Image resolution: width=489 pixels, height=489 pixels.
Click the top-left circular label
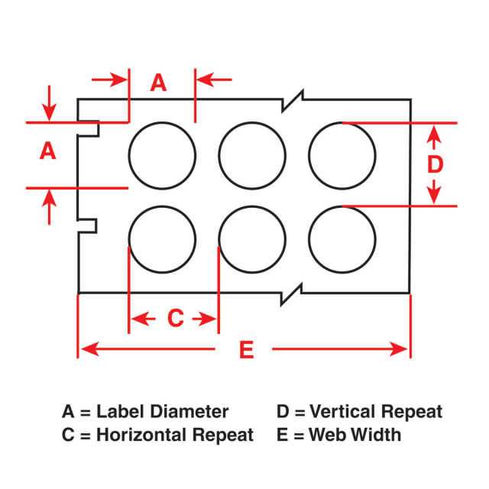pos(162,155)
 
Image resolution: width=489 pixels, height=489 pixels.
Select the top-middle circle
pos(252,155)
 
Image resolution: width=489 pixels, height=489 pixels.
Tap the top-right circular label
pos(342,155)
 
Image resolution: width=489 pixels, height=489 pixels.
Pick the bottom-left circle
pos(162,238)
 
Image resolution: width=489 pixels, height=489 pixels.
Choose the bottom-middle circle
pos(252,238)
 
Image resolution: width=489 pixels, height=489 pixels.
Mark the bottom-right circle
pos(342,238)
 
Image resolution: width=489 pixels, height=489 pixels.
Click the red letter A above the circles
pos(158,83)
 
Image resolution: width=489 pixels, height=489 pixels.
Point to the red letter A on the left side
pos(48,151)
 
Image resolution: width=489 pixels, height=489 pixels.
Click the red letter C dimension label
pos(175,318)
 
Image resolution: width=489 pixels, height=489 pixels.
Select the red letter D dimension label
pos(435,164)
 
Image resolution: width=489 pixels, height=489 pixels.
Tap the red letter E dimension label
pos(246,350)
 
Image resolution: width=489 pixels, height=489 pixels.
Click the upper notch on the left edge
pos(90,128)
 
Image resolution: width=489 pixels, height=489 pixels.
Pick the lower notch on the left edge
pos(89,225)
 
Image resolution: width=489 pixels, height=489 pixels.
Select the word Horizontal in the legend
pos(147,436)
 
